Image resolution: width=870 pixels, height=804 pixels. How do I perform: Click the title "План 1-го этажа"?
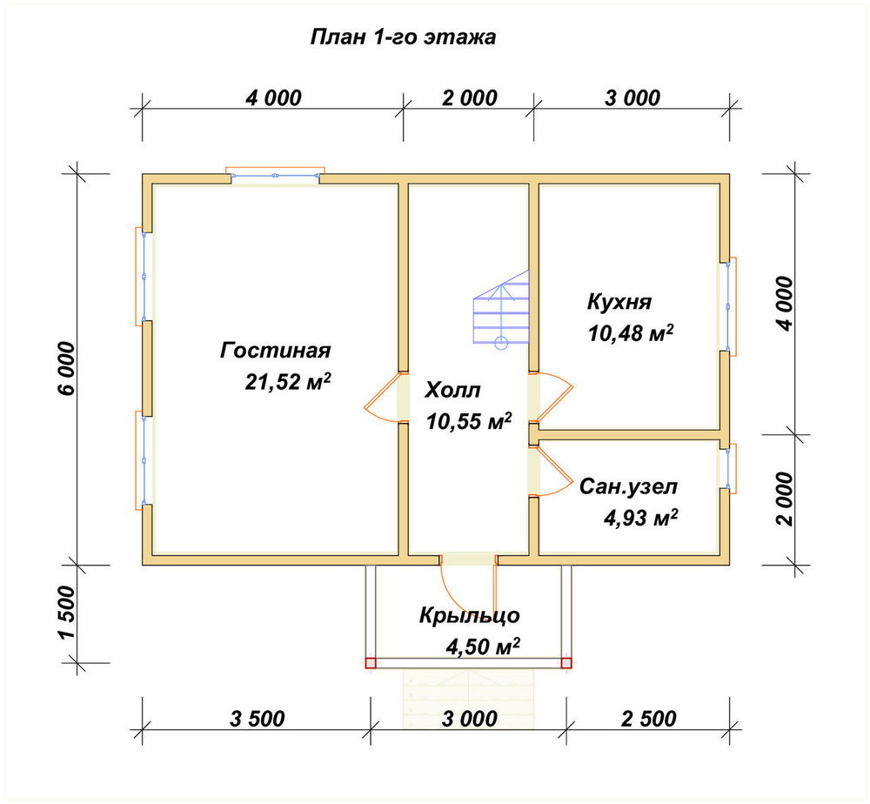[x=403, y=37]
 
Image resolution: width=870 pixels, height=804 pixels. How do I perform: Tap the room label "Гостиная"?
[x=275, y=351]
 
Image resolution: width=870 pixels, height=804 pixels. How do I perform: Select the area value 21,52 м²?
[x=288, y=382]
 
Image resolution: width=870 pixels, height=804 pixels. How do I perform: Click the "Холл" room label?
[x=452, y=391]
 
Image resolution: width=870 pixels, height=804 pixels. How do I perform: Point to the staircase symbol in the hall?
[x=501, y=310]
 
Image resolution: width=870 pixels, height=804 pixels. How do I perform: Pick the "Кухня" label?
[x=619, y=303]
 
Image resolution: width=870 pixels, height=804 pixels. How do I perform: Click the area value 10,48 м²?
[x=631, y=333]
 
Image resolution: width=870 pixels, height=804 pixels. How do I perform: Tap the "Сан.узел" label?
[x=628, y=486]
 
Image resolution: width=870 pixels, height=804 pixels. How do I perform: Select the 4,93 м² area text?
[x=640, y=519]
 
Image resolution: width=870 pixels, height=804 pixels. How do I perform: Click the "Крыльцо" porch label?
[x=470, y=615]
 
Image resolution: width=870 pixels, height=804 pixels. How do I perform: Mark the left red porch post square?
[x=371, y=662]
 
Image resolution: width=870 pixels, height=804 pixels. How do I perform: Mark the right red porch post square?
[x=566, y=662]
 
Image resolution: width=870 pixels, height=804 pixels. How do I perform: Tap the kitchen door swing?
[x=551, y=398]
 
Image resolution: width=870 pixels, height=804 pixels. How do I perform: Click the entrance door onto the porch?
[x=468, y=583]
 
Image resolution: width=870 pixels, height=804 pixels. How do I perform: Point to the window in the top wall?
[x=275, y=174]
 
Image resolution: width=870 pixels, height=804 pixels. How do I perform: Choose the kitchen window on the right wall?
[x=729, y=306]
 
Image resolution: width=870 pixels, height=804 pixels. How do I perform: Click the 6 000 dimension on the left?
[x=65, y=368]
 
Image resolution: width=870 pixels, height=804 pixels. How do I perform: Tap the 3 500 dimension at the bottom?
[x=257, y=719]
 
